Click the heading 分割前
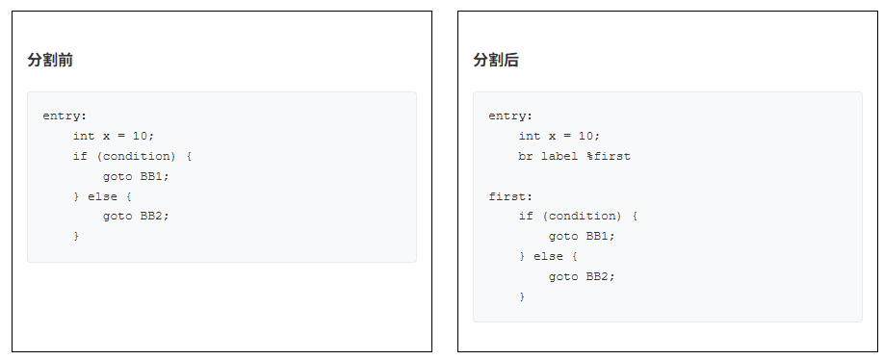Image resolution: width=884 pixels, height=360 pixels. click(x=50, y=60)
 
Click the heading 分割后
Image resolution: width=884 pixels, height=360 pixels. click(x=496, y=60)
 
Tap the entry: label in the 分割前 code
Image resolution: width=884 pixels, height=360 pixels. click(x=65, y=116)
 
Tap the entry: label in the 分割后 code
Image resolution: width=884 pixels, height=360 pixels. click(x=510, y=116)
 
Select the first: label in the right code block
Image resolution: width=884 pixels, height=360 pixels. click(x=510, y=196)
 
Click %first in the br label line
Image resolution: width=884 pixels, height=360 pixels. click(x=609, y=156)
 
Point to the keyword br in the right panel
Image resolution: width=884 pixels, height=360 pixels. click(x=526, y=156)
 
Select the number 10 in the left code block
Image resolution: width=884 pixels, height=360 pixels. click(x=141, y=137)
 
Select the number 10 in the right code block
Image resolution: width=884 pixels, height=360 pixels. click(x=585, y=137)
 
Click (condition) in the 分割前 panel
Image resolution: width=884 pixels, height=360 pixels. click(x=140, y=156)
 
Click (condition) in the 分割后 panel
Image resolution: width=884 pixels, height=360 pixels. click(x=585, y=217)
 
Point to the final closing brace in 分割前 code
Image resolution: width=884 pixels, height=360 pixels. click(x=77, y=237)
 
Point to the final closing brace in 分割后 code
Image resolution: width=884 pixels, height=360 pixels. click(x=523, y=296)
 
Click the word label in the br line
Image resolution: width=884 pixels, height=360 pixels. click(x=559, y=156)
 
